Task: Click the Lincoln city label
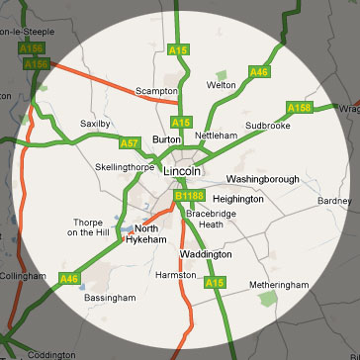click(180, 172)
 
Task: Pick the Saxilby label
click(97, 124)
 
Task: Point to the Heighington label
click(236, 199)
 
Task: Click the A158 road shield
click(300, 106)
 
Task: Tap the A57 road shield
click(129, 143)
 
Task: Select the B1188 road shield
click(188, 197)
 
